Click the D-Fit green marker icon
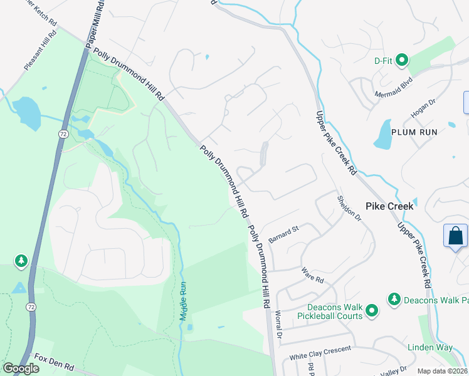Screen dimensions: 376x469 (401, 61)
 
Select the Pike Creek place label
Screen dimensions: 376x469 (389, 206)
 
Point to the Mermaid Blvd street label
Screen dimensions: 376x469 (394, 85)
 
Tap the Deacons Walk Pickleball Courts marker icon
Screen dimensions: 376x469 (372, 310)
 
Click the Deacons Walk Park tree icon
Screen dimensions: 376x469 (394, 300)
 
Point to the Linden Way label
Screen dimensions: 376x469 (430, 347)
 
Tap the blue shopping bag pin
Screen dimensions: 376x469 (456, 236)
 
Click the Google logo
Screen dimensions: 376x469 (21, 368)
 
